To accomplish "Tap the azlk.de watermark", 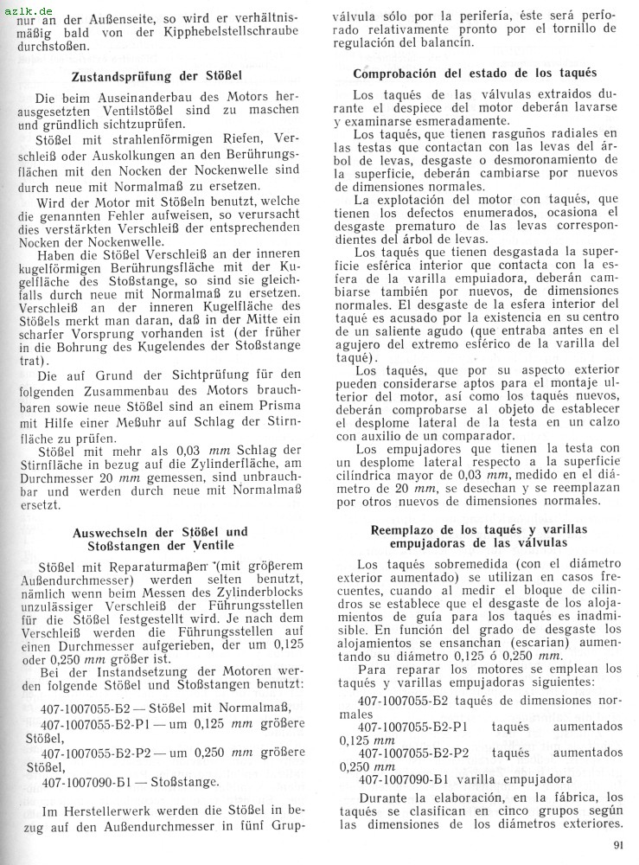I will (x=23, y=9).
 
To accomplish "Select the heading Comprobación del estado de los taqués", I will (x=475, y=74).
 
